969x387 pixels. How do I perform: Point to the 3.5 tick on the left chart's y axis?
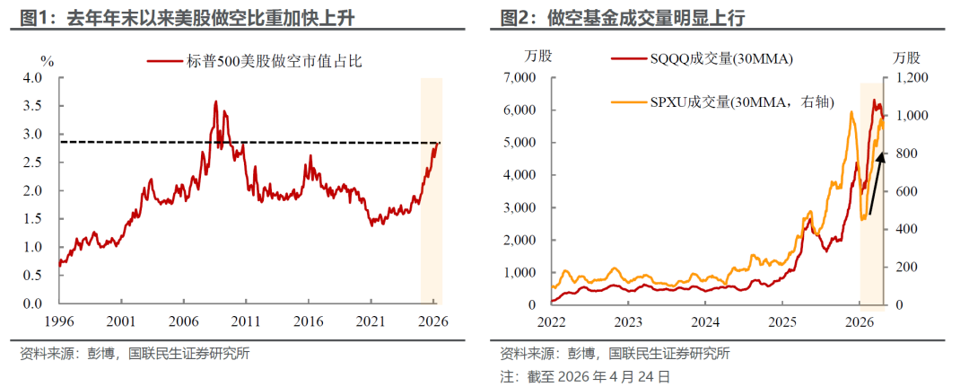click(32, 106)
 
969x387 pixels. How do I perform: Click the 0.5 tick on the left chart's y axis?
click(32, 276)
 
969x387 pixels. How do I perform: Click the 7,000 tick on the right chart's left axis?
click(518, 78)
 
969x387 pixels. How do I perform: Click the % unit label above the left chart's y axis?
click(48, 61)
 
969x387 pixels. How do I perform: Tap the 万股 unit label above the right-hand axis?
click(908, 56)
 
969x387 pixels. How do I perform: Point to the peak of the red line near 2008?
click(215, 101)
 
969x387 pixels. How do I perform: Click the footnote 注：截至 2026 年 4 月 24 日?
click(584, 376)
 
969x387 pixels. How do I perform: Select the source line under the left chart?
click(135, 353)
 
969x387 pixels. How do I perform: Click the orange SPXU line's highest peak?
click(849, 111)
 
